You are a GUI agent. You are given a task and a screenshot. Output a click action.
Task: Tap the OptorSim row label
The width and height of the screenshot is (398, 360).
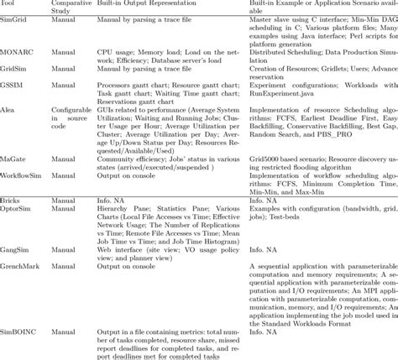pos(17,210)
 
